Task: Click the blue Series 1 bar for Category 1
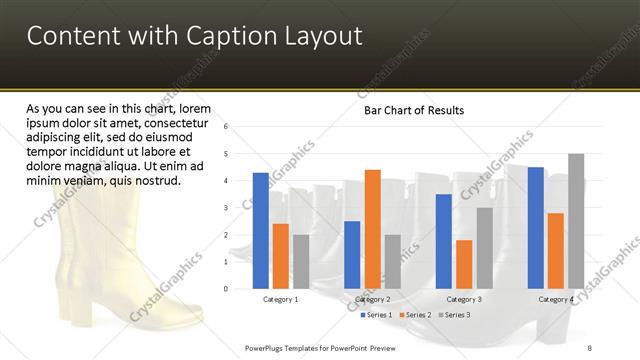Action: (261, 230)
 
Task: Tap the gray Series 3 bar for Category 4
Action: (576, 221)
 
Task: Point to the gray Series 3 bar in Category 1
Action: (301, 261)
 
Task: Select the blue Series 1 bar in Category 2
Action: (352, 254)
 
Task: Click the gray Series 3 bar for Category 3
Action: (484, 248)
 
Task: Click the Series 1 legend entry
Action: (378, 315)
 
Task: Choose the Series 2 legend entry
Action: (417, 315)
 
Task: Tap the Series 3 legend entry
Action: (456, 315)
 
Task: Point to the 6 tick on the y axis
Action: (227, 127)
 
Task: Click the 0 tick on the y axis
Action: (227, 289)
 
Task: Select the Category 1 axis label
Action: (280, 299)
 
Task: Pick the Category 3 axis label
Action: (464, 299)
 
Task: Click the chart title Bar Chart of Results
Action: (413, 110)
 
